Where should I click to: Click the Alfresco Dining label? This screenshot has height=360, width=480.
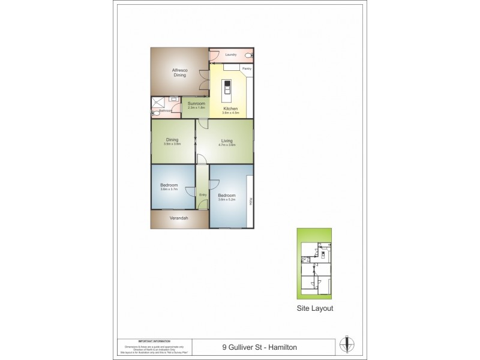coord(180,73)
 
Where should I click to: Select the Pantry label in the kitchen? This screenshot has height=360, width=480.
coord(247,69)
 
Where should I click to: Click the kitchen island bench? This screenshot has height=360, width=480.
coord(229,90)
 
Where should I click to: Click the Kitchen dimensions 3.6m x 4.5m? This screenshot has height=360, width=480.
coord(230,113)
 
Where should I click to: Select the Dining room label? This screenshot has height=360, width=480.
coord(172,140)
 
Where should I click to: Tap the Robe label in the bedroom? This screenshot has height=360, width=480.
coord(250,202)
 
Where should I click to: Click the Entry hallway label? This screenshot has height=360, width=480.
coord(203,195)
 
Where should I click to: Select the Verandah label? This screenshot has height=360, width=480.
coord(179,218)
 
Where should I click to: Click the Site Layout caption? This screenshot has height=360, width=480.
coord(315,308)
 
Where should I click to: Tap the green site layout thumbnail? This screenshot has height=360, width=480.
coord(314,264)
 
